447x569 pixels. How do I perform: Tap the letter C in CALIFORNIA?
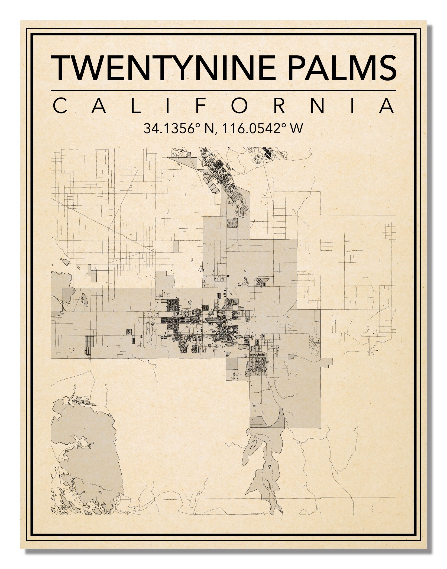(x=60, y=106)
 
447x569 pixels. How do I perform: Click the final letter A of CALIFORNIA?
(x=387, y=106)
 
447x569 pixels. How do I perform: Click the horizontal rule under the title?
(x=223, y=90)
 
